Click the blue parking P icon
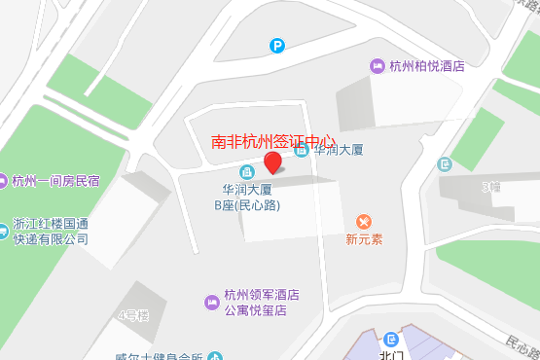point(278,45)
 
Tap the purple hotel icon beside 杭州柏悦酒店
point(377,66)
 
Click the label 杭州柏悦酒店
point(426,67)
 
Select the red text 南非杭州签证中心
point(273,140)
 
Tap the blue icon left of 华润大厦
point(302,150)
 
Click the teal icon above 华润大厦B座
point(246,172)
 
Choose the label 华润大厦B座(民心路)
point(246,198)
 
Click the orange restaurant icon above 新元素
point(365,223)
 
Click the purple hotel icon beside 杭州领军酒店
point(211,304)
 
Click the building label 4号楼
point(132,315)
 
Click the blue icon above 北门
point(391,339)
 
